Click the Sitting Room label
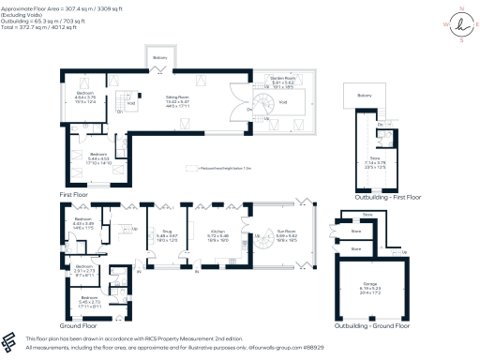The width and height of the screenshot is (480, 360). click(x=178, y=95)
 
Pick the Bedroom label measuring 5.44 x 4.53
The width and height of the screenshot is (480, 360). click(x=97, y=157)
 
